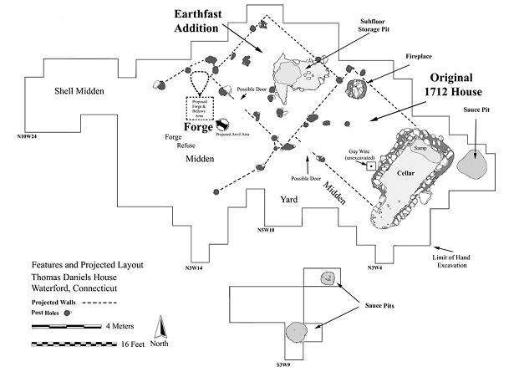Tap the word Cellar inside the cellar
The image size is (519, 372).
405,173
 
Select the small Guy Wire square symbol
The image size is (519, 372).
369,166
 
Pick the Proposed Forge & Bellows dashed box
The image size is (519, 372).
201,110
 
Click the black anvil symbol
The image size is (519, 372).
224,125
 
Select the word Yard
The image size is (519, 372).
290,199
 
